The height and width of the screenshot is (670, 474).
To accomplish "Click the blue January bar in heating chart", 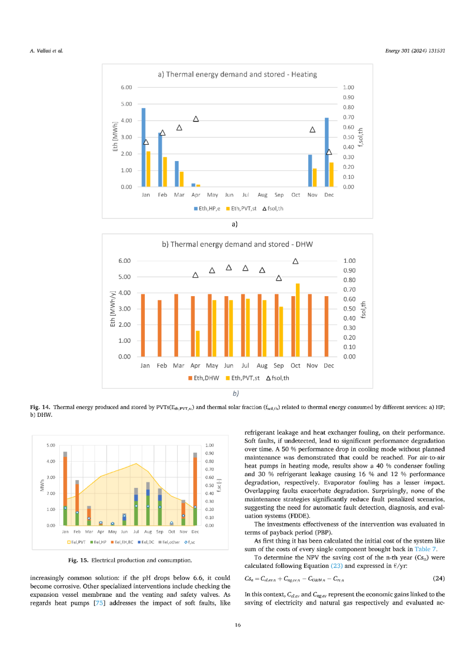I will coord(144,147).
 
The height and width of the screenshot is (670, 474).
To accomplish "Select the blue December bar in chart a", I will coord(327,152).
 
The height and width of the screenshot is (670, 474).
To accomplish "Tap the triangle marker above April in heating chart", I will coord(196,119).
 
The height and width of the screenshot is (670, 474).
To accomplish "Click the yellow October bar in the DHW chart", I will coord(298,320).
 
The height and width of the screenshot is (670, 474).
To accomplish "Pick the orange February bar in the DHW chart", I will coord(160,328).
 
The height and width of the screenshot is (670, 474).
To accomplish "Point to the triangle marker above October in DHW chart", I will coord(295,261).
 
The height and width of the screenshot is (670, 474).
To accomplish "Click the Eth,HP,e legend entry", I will coord(207,208).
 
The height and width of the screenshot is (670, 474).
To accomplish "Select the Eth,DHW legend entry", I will coord(204,378).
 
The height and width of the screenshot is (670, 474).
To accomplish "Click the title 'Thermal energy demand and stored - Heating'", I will coord(237,75).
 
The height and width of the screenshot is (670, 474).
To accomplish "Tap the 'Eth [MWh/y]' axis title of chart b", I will coord(113,309).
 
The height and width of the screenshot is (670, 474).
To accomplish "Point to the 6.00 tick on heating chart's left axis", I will coord(126,87).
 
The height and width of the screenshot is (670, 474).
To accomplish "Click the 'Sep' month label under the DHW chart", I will coord(279,365).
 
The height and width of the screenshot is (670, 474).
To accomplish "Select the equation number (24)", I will coord(438,578).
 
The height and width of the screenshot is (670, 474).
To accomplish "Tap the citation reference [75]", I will coord(100,603).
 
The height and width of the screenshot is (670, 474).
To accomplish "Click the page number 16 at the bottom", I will coord(237,625).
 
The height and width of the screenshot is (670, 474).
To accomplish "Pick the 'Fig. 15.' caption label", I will coord(78,560).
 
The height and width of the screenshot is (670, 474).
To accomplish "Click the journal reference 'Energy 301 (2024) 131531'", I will coord(415,51).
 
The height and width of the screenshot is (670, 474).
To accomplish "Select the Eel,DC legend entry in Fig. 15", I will coord(146,542).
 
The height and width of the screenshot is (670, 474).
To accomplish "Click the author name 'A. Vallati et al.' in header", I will coord(47,51).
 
